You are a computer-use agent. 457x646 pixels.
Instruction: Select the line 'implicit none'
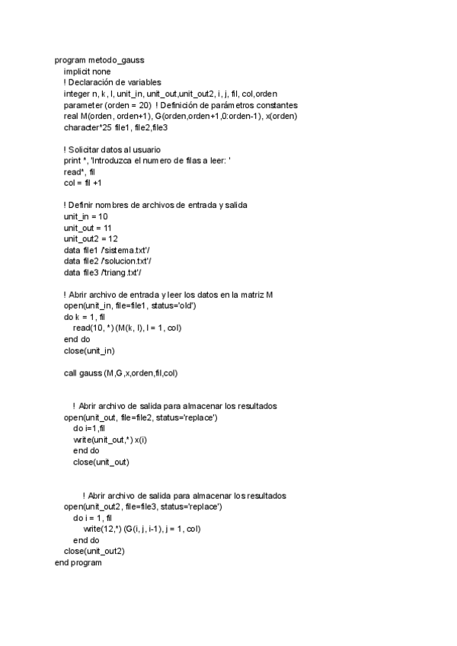click(x=87, y=72)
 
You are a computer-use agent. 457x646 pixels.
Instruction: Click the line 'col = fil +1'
click(x=82, y=183)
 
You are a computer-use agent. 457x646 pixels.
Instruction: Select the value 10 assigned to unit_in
click(x=102, y=216)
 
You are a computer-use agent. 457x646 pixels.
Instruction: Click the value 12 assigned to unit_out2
click(x=112, y=238)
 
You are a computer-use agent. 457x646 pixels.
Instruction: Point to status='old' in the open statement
click(x=173, y=305)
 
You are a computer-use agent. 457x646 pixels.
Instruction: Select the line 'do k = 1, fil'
click(x=84, y=316)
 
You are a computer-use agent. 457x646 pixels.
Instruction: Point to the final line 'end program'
click(x=78, y=562)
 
